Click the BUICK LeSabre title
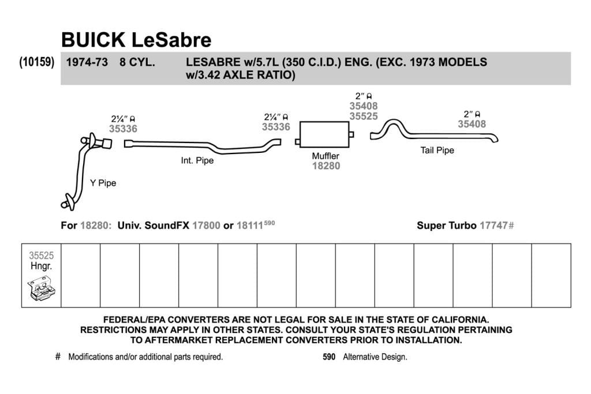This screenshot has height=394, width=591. click(x=136, y=40)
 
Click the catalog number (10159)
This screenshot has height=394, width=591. click(x=37, y=62)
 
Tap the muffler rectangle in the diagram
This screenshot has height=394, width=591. click(x=324, y=134)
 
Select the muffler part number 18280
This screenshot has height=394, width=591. click(x=326, y=166)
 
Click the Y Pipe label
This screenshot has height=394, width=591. click(x=103, y=183)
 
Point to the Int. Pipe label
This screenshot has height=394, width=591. click(x=197, y=160)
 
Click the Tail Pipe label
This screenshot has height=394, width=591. click(x=437, y=151)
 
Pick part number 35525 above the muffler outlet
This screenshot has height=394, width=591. click(x=364, y=117)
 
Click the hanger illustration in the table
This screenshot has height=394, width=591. click(x=42, y=288)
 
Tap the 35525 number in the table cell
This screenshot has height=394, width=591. click(x=42, y=256)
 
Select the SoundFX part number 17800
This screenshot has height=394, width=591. click(x=206, y=226)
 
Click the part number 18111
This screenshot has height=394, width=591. click(x=249, y=226)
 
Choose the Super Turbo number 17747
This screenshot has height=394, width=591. click(x=493, y=226)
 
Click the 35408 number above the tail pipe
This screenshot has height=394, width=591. click(x=472, y=124)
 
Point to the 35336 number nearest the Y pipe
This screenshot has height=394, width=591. click(x=124, y=129)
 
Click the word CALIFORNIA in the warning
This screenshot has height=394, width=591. click(x=460, y=320)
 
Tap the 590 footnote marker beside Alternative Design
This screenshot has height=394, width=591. click(x=328, y=357)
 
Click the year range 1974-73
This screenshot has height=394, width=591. click(x=87, y=62)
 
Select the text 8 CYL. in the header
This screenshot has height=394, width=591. click(x=137, y=62)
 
